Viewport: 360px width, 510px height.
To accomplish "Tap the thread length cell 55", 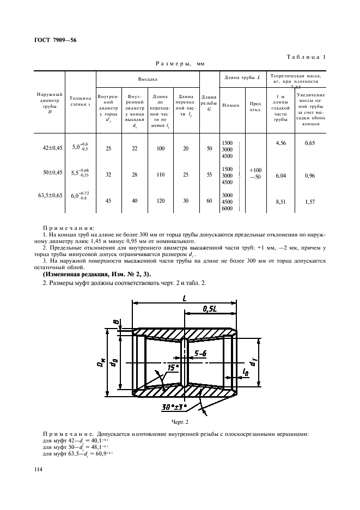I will [209, 175].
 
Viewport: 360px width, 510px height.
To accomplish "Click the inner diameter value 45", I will [108, 200].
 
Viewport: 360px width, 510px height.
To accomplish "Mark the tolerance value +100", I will [255, 170].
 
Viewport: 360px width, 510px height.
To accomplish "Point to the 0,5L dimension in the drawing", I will [209, 309].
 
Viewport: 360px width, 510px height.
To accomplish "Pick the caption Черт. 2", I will [180, 422].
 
